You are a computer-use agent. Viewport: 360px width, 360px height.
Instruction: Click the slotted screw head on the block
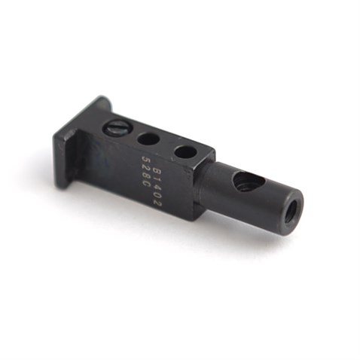[x=115, y=128]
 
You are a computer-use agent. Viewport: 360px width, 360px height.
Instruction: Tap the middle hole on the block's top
[x=148, y=139]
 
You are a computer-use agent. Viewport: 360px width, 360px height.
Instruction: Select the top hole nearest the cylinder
[x=185, y=151]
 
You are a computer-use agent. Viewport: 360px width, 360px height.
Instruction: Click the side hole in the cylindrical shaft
[x=247, y=181]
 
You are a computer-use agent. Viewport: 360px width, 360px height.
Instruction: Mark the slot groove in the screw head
[x=115, y=128]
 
